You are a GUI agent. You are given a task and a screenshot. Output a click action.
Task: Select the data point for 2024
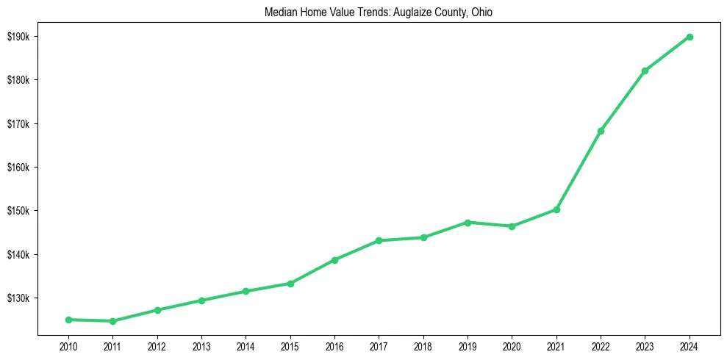(x=690, y=37)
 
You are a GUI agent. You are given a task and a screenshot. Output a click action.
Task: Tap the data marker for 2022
(x=601, y=131)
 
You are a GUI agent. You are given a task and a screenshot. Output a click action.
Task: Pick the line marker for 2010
(x=68, y=320)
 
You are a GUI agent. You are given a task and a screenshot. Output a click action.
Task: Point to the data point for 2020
(x=512, y=226)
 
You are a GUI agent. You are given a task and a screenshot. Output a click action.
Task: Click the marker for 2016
(x=334, y=260)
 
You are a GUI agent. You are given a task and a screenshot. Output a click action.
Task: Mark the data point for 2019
(x=468, y=222)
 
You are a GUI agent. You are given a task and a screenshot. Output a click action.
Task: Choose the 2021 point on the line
(x=556, y=209)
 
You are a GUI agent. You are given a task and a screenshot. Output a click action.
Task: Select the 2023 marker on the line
(x=645, y=71)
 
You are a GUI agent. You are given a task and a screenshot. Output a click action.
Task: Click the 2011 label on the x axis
(x=112, y=345)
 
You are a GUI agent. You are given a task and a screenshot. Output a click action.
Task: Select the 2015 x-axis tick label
(x=290, y=345)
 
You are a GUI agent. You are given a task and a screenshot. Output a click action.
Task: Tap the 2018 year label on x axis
(x=423, y=345)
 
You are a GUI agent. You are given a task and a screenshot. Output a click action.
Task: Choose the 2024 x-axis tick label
(x=690, y=345)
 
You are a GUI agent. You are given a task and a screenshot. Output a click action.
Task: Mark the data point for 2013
(x=201, y=300)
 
